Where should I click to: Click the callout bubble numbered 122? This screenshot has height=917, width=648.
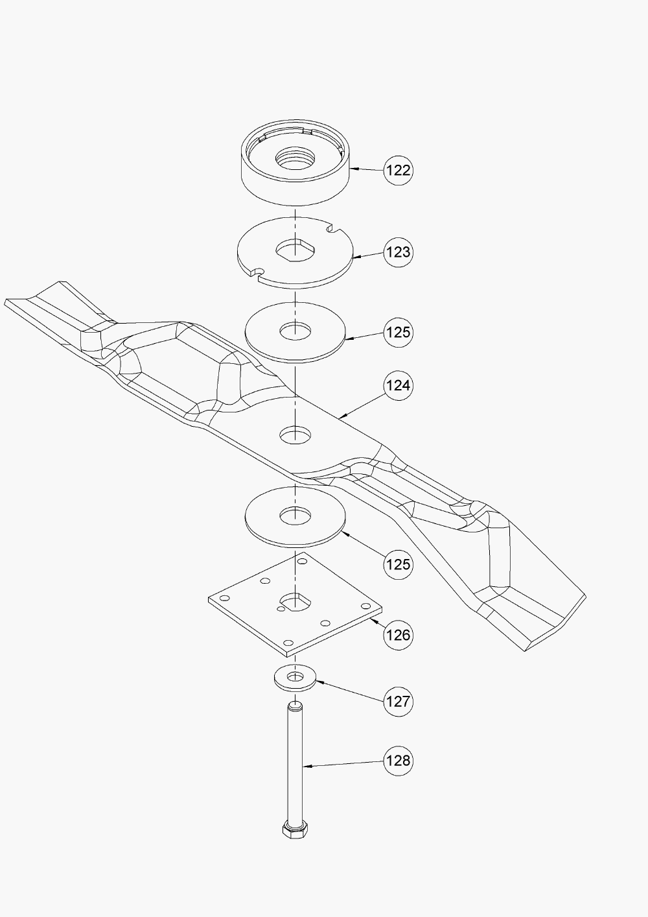point(398,170)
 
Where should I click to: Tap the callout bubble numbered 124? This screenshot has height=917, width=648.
point(398,385)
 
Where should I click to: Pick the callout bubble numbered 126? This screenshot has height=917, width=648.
point(398,634)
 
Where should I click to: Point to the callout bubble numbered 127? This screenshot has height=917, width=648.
point(398,701)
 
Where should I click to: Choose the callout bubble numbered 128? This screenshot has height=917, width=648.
point(398,760)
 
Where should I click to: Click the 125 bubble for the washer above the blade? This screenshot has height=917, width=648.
point(398,332)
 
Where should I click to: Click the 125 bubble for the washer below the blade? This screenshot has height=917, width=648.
point(398,564)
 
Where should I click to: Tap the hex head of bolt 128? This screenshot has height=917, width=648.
point(295,831)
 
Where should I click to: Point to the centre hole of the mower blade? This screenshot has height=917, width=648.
point(295,435)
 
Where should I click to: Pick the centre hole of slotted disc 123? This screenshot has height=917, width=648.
point(295,248)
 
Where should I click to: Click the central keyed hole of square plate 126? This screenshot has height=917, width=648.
point(296,601)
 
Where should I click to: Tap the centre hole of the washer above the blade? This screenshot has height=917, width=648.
point(295,331)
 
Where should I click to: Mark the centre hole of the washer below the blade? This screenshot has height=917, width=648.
point(295,516)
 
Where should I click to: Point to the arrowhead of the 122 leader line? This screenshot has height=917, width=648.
point(353,169)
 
